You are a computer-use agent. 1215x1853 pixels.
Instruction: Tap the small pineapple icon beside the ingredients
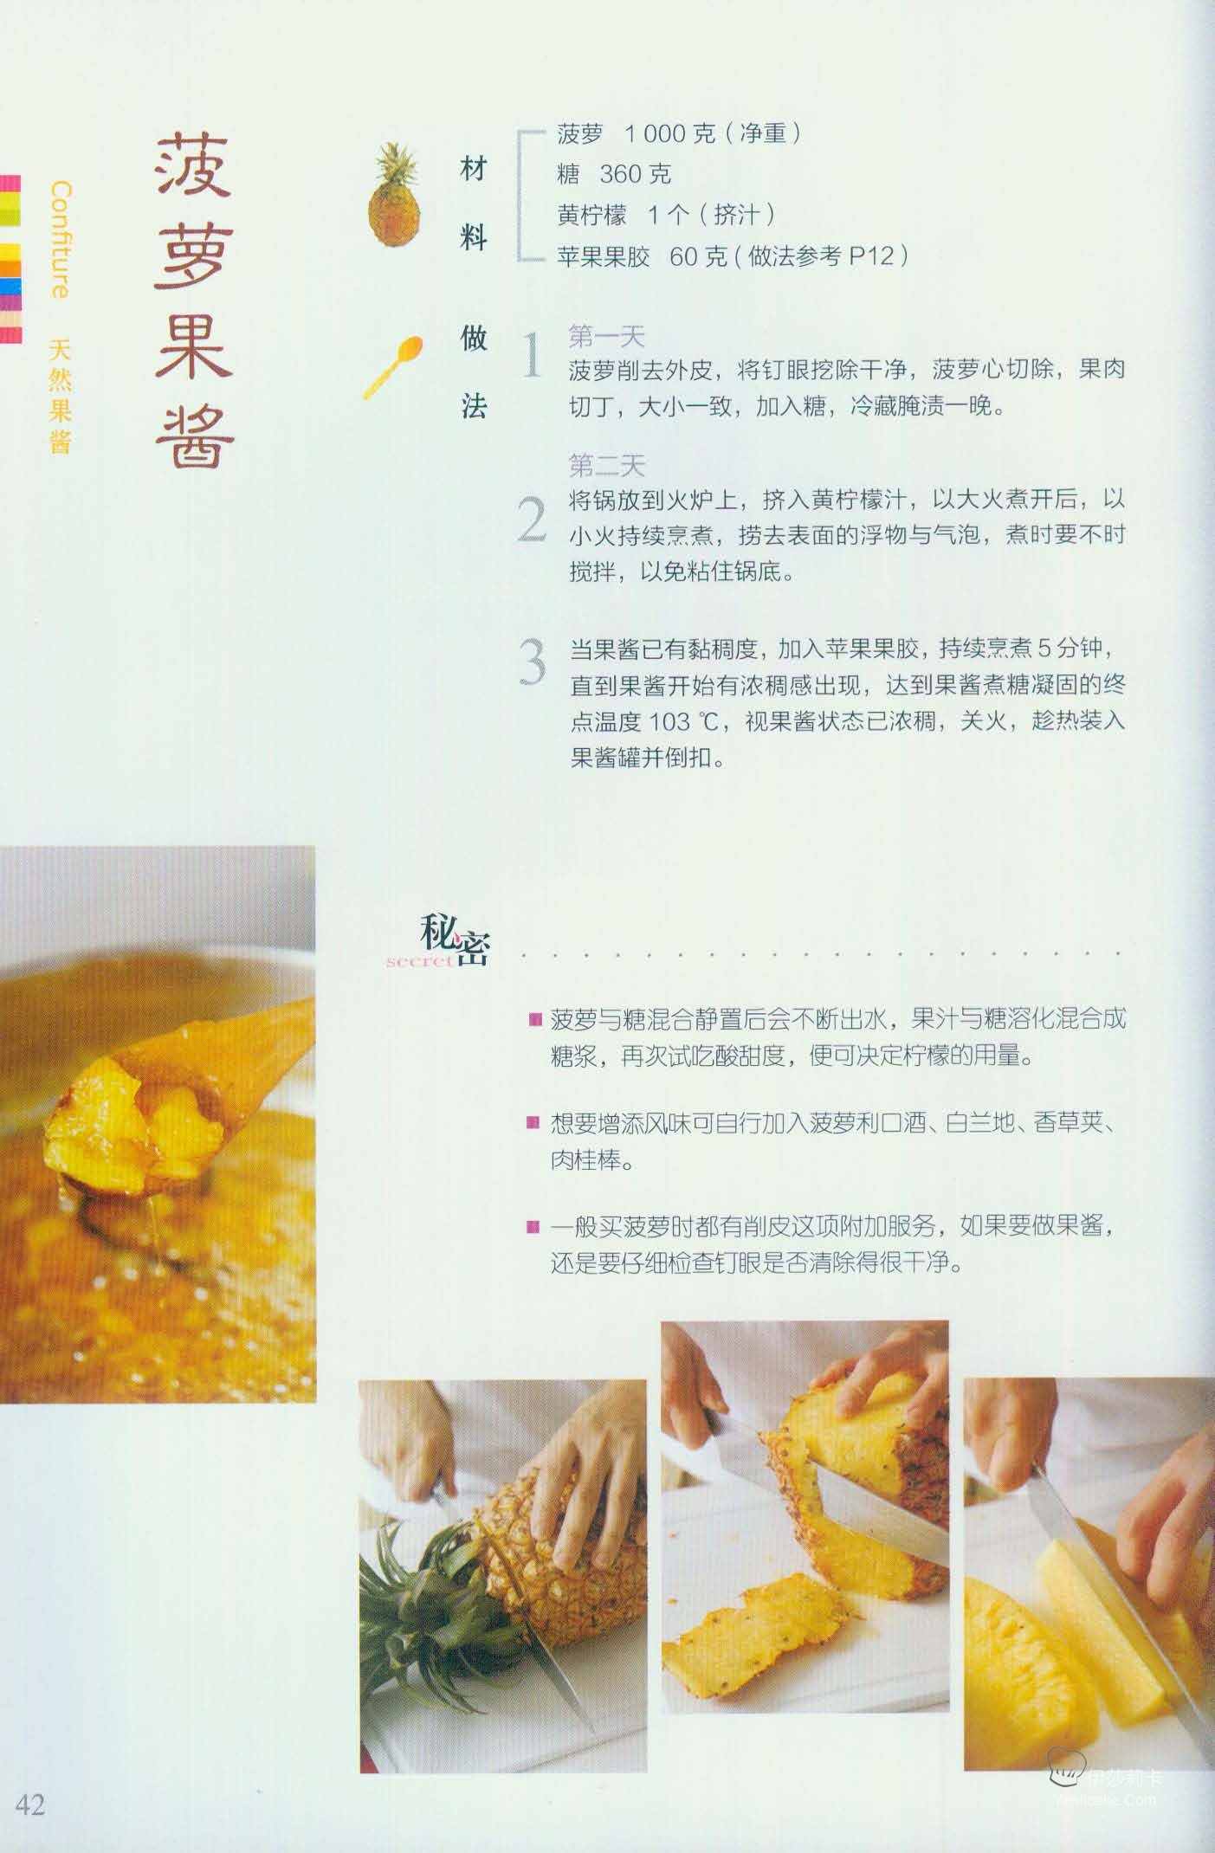395,196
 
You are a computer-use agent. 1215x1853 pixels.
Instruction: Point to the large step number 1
532,356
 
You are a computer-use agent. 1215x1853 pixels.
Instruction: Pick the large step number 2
532,519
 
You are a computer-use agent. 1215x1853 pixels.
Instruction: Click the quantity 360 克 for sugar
636,175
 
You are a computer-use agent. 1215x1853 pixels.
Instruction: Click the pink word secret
419,961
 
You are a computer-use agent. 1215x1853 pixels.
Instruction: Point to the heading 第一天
606,336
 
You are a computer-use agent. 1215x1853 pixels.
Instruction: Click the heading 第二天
606,466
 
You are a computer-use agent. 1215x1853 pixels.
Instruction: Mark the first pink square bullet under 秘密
534,1018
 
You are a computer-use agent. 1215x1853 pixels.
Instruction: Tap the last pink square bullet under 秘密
534,1226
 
